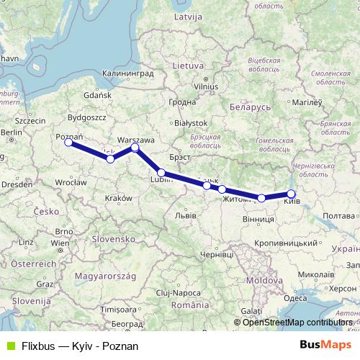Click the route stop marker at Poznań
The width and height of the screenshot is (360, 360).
(x=68, y=143)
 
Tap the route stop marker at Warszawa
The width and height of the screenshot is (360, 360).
(x=135, y=148)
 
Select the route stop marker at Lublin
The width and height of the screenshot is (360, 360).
(x=161, y=173)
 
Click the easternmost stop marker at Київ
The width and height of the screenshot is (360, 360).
(x=291, y=194)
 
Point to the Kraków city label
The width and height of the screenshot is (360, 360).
(x=119, y=198)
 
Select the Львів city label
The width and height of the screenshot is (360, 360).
(x=186, y=215)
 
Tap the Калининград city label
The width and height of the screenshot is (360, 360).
(x=128, y=73)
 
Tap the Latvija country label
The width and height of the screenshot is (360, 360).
(x=188, y=36)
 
